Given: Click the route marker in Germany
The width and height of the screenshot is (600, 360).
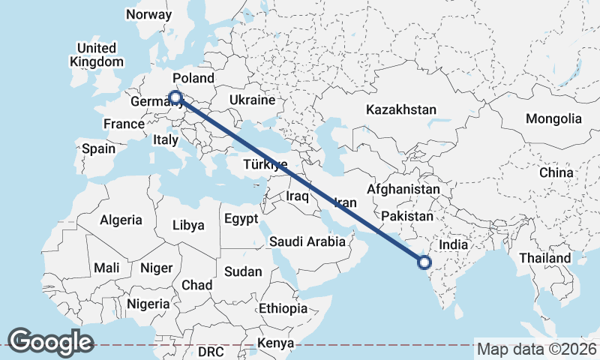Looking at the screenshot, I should [x=175, y=97].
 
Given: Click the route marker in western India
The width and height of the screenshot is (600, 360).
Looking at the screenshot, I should [x=424, y=262].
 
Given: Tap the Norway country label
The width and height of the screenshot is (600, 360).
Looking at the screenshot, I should [x=148, y=14].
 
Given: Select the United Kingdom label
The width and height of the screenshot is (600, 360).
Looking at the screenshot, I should [x=96, y=55].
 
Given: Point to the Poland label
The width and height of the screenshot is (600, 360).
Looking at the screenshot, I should [x=193, y=78].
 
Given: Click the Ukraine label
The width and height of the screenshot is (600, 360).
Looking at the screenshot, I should [x=252, y=100].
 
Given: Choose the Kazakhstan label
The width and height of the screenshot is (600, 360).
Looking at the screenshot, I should [x=400, y=109].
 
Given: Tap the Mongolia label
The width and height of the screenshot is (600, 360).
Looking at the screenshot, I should [x=553, y=118].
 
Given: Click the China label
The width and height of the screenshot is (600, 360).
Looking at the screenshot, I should [x=556, y=172].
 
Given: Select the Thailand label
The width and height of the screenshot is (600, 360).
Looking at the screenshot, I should [x=545, y=258].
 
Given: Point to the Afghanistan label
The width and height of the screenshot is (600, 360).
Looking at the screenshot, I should [x=403, y=190].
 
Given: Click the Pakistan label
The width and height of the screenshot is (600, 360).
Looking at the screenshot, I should [x=407, y=216].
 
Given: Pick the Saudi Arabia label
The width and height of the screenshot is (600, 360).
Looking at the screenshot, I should [x=307, y=241].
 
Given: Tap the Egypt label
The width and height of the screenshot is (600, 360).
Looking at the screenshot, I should [x=241, y=219].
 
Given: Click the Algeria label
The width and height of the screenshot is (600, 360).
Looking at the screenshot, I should [x=121, y=220].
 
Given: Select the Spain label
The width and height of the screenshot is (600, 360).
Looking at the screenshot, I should [x=98, y=148].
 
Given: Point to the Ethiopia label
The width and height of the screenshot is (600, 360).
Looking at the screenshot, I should [x=283, y=308].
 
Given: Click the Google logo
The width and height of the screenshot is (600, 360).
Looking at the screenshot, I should [x=50, y=342].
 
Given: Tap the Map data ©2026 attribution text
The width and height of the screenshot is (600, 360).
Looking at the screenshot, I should [x=536, y=349].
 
